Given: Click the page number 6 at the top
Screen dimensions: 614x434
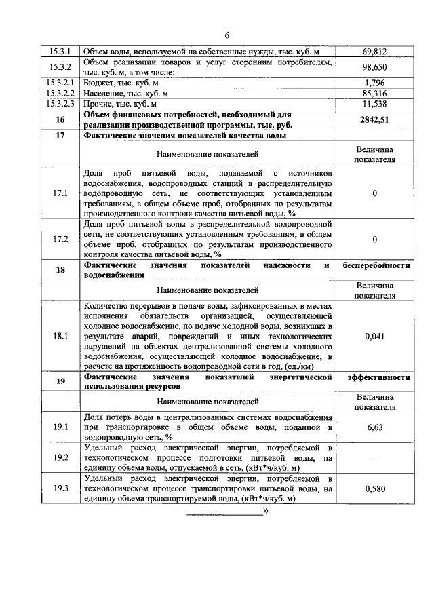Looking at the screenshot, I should [x=228, y=35].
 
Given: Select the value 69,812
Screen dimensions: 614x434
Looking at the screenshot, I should [x=374, y=52].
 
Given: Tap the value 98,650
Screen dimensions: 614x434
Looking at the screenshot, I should [x=374, y=68].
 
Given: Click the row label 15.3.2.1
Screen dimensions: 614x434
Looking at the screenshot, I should [x=60, y=83].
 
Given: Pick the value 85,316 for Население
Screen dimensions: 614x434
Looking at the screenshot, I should [x=374, y=94].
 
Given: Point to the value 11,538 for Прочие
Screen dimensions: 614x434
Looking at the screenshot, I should [x=374, y=104].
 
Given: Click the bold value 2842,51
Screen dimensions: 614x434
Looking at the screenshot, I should [x=374, y=119].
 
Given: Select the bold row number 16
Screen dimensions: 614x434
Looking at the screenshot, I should [x=60, y=119].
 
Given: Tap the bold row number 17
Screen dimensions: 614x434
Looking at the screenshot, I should [x=60, y=135].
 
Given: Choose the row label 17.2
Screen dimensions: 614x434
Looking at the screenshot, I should [x=60, y=239].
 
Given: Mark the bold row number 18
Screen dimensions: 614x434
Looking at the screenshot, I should [x=60, y=270].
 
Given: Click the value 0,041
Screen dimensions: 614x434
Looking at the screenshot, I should [x=374, y=335].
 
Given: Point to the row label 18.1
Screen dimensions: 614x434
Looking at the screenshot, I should [x=60, y=335].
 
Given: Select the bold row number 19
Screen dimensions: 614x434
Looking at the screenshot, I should [x=60, y=381].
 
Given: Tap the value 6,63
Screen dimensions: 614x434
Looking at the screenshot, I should [x=374, y=427].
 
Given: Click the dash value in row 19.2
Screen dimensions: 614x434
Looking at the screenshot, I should [x=374, y=458].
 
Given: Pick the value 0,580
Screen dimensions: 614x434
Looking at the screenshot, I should [x=374, y=488].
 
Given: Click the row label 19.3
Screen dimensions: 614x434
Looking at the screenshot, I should [x=60, y=488].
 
